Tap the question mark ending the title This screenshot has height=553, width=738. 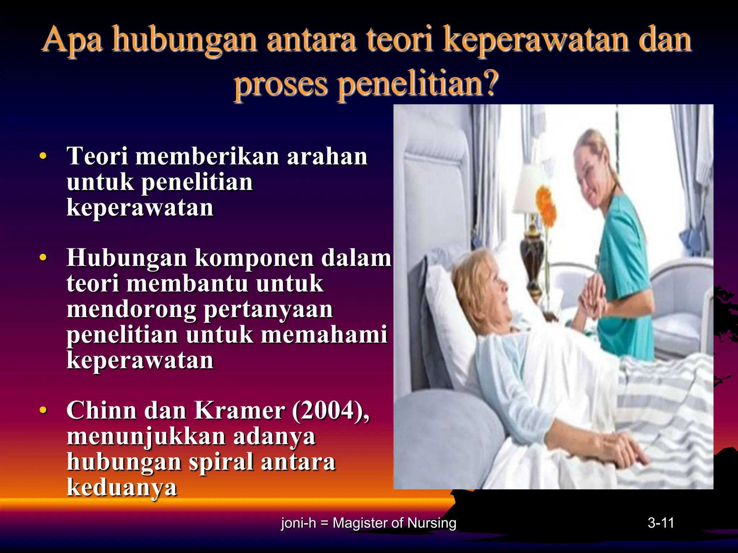point(490,83)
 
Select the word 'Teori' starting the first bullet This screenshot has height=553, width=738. point(97,156)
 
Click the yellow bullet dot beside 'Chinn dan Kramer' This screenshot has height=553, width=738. point(43,410)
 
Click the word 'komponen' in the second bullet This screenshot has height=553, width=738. point(254,258)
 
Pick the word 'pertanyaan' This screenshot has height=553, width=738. point(268,309)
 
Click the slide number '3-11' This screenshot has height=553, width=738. point(661,523)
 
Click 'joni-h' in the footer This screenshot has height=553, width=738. point(298,523)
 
